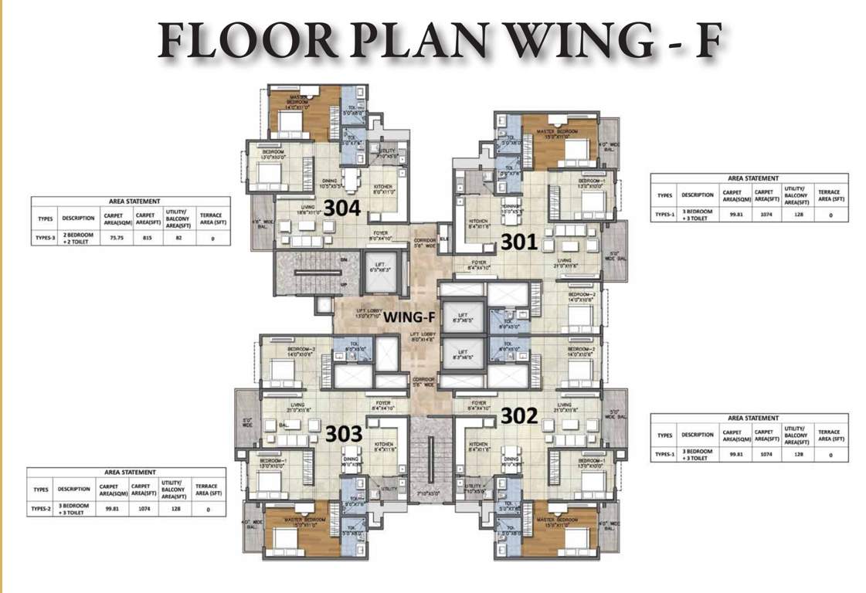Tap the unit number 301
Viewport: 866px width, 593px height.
519,242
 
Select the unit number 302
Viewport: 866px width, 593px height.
519,415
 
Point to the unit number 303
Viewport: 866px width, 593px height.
343,434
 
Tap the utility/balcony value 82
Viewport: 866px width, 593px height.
177,239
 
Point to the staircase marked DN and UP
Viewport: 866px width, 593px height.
301,273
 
